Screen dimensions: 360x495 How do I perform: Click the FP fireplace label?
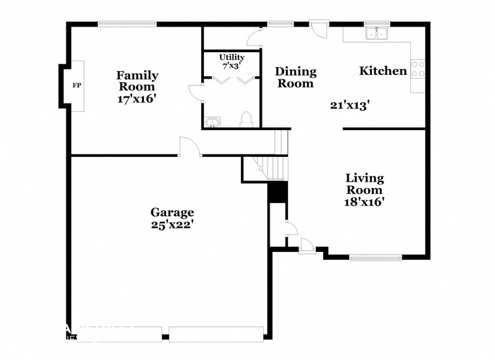coord(76,86)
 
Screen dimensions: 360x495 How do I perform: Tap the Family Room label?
coord(137,81)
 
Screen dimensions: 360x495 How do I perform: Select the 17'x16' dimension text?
coord(137,99)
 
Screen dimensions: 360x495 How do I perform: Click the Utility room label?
coord(231,57)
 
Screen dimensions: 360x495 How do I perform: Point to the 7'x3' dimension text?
coord(231,66)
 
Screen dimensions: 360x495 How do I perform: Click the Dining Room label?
coord(296,77)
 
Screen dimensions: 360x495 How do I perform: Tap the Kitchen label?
coord(383,71)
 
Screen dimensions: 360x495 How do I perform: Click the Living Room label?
coord(364,184)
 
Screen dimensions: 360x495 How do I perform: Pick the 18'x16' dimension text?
coord(364,202)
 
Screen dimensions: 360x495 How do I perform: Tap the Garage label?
coord(172,212)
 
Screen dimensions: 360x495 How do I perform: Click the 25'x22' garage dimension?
coord(172,225)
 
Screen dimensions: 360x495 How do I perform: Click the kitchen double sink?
coord(376,34)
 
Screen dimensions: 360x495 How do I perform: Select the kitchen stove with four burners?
coord(417,69)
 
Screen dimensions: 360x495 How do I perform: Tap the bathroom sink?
coord(212,122)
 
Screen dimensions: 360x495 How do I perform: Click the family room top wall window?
coord(127,25)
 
